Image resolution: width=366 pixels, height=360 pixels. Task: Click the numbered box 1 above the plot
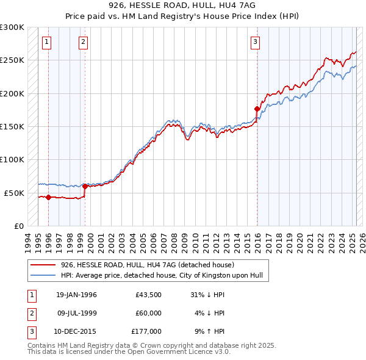47,42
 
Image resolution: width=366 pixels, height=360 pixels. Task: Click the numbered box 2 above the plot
83,42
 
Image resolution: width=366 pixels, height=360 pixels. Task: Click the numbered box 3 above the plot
255,42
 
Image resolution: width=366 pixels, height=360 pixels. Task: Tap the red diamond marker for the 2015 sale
257,109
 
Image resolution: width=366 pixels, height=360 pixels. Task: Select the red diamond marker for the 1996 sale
48,196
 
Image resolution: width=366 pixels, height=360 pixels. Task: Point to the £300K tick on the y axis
12,27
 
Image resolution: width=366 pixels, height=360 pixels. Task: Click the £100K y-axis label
12,159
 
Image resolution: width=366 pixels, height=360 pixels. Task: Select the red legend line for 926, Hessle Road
44,265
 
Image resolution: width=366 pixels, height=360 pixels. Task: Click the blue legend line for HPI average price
44,275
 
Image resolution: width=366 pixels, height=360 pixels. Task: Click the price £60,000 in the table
148,313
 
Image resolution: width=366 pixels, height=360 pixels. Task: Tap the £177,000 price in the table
146,331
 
